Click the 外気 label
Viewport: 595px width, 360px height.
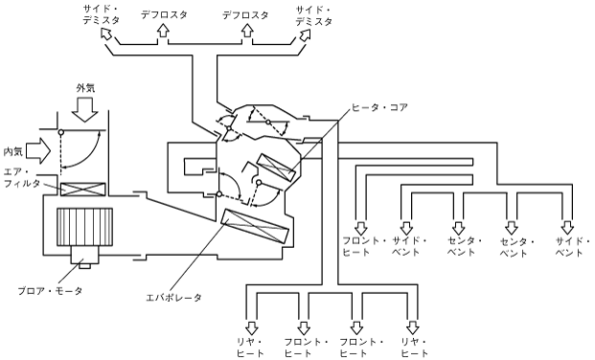point(85,88)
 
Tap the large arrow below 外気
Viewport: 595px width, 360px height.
point(85,110)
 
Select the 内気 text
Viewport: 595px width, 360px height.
point(12,151)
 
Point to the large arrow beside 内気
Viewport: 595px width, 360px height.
point(39,150)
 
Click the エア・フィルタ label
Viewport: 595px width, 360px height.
point(22,177)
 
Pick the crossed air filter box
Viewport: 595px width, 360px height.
point(83,189)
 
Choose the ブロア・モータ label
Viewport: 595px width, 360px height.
point(50,291)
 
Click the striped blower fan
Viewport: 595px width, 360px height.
point(84,227)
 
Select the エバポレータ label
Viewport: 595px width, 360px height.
point(173,298)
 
